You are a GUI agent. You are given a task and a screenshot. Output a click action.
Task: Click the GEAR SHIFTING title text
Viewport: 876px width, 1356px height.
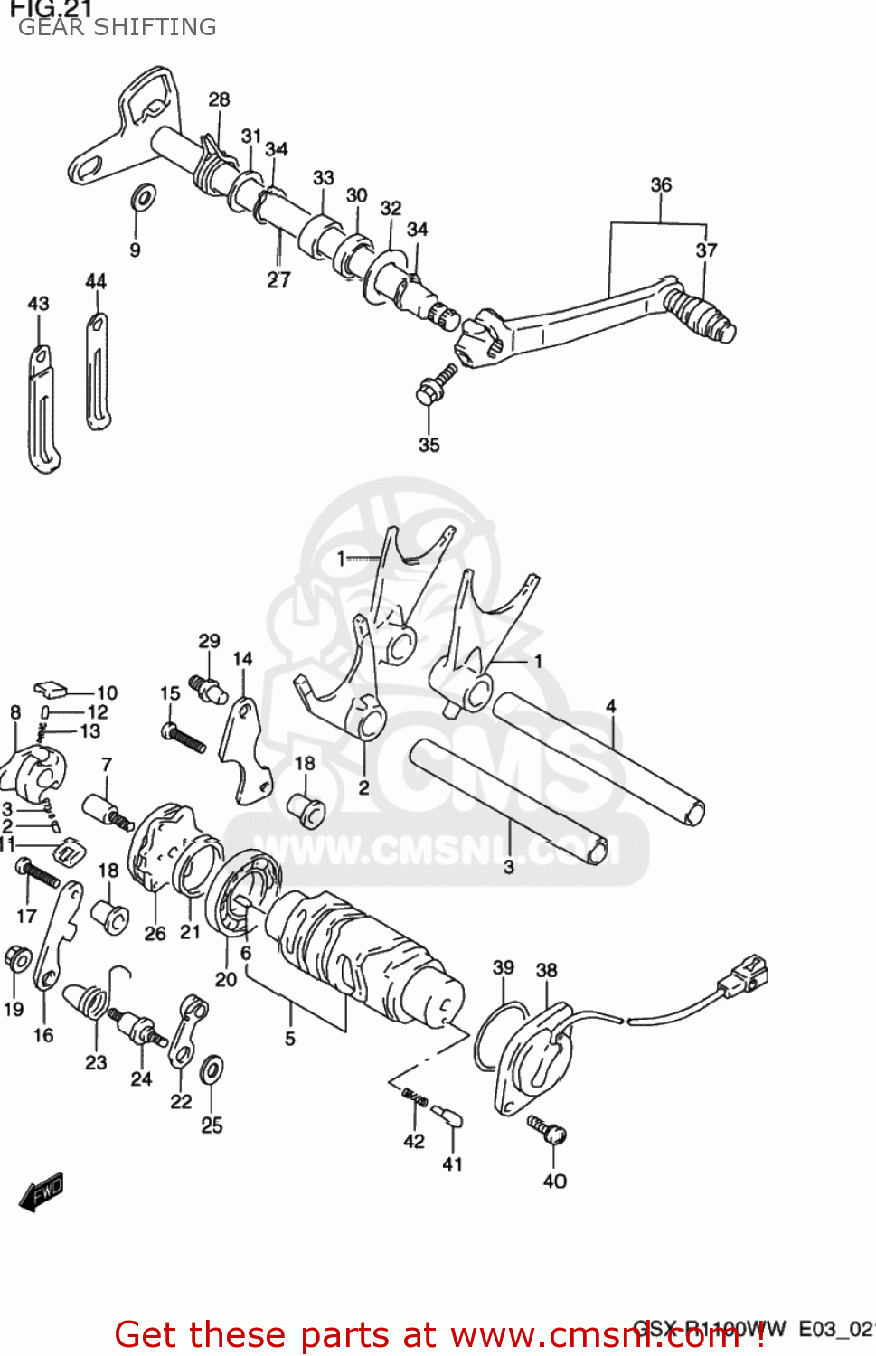point(118,27)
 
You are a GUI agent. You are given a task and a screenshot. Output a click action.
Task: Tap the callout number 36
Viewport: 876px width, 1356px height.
point(661,185)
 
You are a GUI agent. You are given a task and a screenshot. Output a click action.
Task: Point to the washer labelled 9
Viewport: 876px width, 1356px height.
point(143,195)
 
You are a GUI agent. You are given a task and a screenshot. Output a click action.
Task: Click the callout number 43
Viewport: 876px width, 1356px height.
point(38,304)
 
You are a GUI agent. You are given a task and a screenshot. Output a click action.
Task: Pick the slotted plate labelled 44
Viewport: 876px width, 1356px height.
point(98,371)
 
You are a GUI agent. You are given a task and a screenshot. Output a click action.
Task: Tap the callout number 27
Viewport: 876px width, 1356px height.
point(278,280)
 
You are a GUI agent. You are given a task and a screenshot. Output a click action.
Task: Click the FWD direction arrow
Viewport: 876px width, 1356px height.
point(42,1192)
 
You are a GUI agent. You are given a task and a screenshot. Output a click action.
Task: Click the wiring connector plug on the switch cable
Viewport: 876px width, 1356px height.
point(744,975)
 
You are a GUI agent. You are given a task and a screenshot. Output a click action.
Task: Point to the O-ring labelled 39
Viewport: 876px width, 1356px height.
point(496,1035)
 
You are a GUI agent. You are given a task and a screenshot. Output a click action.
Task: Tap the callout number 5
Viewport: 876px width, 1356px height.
point(290,1039)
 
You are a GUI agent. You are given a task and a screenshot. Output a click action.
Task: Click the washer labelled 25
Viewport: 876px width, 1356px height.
point(212,1069)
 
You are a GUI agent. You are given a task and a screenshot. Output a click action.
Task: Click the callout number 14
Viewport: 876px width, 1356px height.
point(242,659)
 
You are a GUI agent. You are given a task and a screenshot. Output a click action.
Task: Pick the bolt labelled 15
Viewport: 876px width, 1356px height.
point(184,737)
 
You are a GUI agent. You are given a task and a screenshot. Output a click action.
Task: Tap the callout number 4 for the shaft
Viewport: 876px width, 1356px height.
point(611,706)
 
